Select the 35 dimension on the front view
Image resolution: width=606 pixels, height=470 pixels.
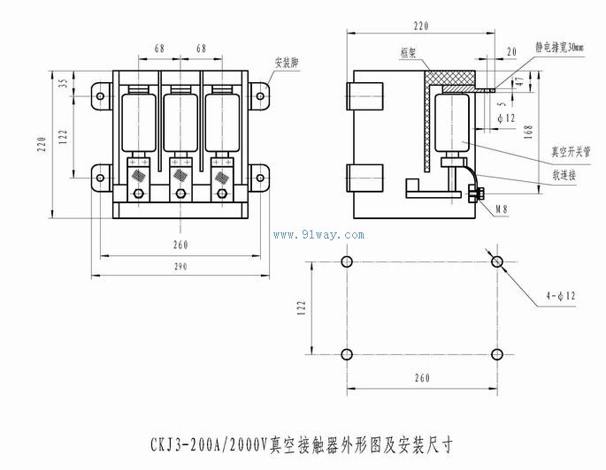coord(63,86)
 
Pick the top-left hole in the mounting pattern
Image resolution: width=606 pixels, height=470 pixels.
coord(347,262)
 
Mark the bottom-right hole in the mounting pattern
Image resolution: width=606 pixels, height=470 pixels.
coord(497,355)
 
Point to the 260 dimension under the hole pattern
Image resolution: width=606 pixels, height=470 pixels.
coord(421,378)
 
